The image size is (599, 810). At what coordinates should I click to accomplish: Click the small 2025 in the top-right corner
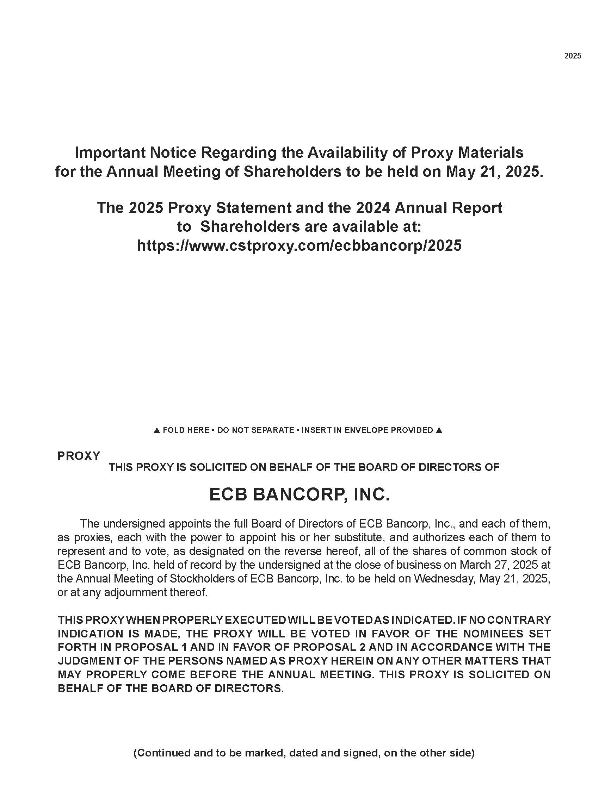pos(573,56)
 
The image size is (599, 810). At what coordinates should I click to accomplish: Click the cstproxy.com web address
pos(299,245)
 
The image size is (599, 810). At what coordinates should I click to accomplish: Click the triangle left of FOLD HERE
pos(157,430)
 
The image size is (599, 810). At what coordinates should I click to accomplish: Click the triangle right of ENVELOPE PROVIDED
pos(439,430)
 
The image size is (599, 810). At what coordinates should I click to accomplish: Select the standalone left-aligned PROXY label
pos(79,456)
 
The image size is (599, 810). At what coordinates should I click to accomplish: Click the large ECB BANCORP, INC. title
pos(299,494)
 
